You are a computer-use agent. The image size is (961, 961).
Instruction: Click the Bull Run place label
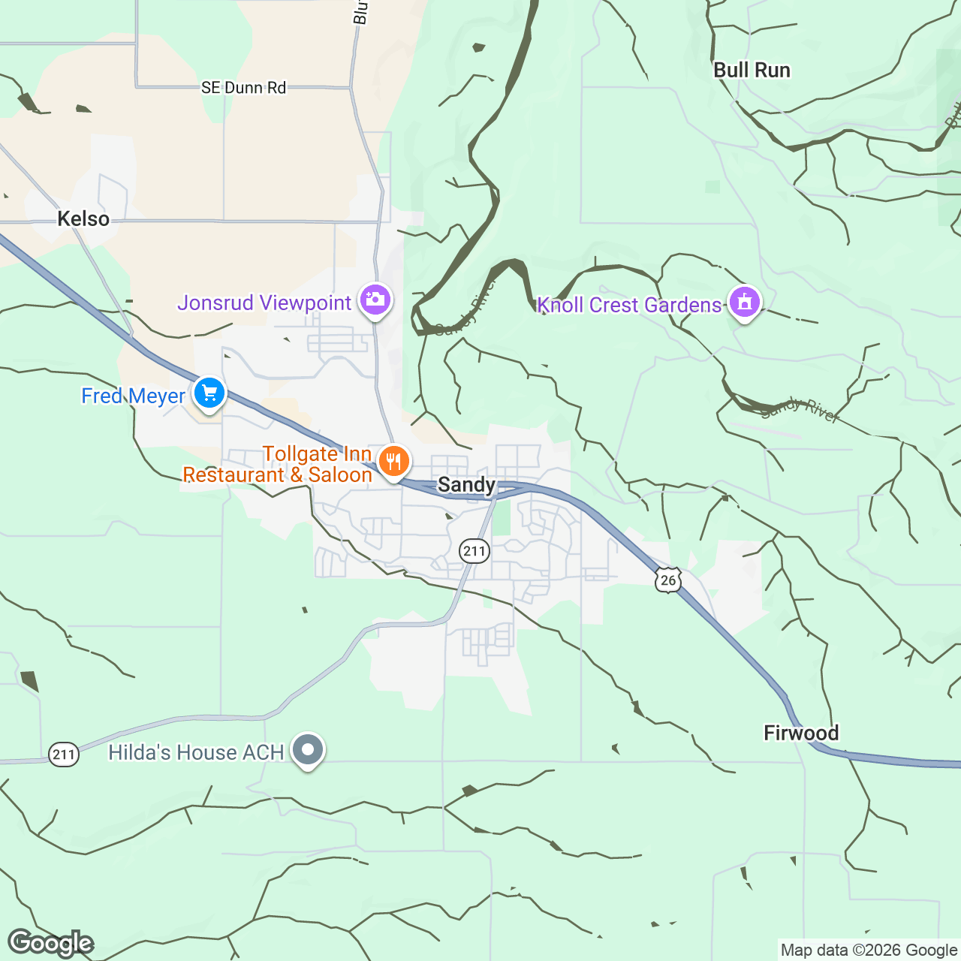click(x=752, y=71)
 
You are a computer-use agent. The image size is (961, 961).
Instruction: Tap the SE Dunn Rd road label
click(x=243, y=88)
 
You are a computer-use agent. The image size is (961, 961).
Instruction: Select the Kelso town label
click(x=83, y=219)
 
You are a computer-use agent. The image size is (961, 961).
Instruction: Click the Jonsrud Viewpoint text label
click(x=264, y=303)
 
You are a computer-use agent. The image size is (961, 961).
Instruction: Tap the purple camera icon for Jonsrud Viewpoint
click(x=375, y=300)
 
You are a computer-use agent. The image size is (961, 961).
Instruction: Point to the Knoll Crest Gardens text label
click(x=629, y=306)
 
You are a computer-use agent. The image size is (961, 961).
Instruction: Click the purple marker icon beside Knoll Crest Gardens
click(x=744, y=303)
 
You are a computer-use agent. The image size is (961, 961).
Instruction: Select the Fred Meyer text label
click(x=133, y=396)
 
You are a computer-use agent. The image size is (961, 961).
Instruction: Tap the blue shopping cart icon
click(x=209, y=393)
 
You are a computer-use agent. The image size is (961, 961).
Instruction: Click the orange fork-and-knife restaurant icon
click(x=393, y=461)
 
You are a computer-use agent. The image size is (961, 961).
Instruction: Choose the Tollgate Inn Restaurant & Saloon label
click(x=278, y=465)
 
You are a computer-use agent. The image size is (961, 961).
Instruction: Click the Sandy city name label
click(x=466, y=485)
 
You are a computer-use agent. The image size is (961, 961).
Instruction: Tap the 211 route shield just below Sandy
click(x=474, y=551)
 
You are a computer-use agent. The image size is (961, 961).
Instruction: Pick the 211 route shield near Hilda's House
click(x=64, y=754)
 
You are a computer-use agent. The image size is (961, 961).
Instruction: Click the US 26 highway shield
click(x=667, y=580)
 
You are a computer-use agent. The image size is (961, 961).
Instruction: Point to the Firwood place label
click(x=801, y=734)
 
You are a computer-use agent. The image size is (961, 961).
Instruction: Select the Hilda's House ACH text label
click(x=196, y=753)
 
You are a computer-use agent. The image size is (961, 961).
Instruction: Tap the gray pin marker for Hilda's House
click(x=308, y=750)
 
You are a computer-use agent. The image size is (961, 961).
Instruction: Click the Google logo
click(x=50, y=943)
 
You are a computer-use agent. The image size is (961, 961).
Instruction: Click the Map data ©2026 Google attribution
click(x=869, y=950)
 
